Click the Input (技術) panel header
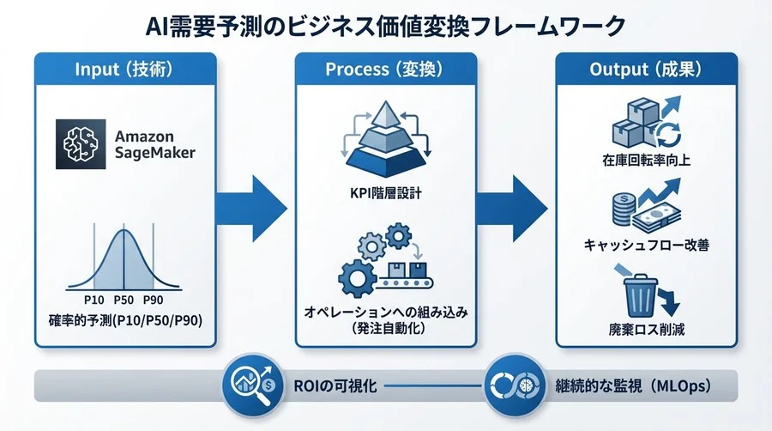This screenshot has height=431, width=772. coord(125,70)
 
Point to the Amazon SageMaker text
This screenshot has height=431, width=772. coord(145,146)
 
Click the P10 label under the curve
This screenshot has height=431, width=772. coord(95,300)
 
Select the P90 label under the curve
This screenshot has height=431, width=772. coord(154,300)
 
